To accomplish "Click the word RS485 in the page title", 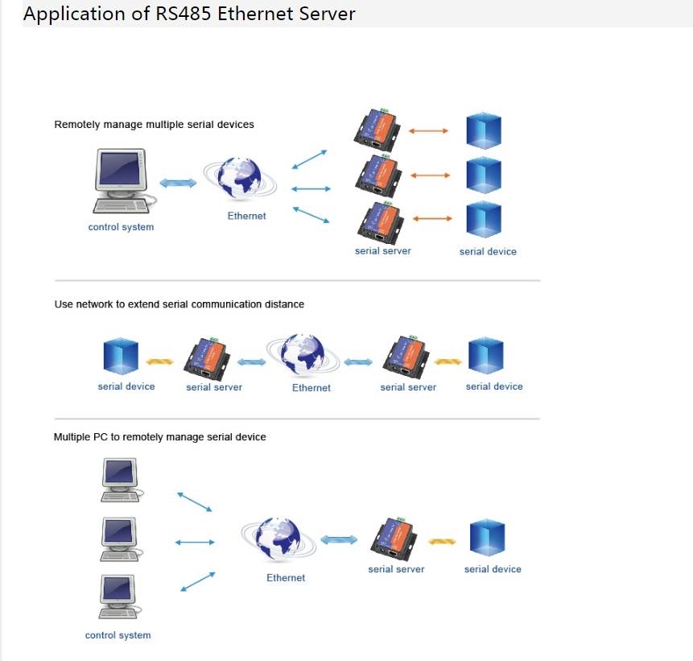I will click(172, 14).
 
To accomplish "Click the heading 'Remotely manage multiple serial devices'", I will click(154, 125).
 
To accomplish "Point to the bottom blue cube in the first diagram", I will click(484, 220).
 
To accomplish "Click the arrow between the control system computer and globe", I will click(178, 183).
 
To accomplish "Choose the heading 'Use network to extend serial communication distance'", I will click(179, 304).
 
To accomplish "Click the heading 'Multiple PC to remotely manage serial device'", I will click(159, 437).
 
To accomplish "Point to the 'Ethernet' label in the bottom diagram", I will click(286, 578).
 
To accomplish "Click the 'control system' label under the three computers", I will click(118, 635).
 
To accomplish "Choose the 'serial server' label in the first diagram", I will click(383, 251).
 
